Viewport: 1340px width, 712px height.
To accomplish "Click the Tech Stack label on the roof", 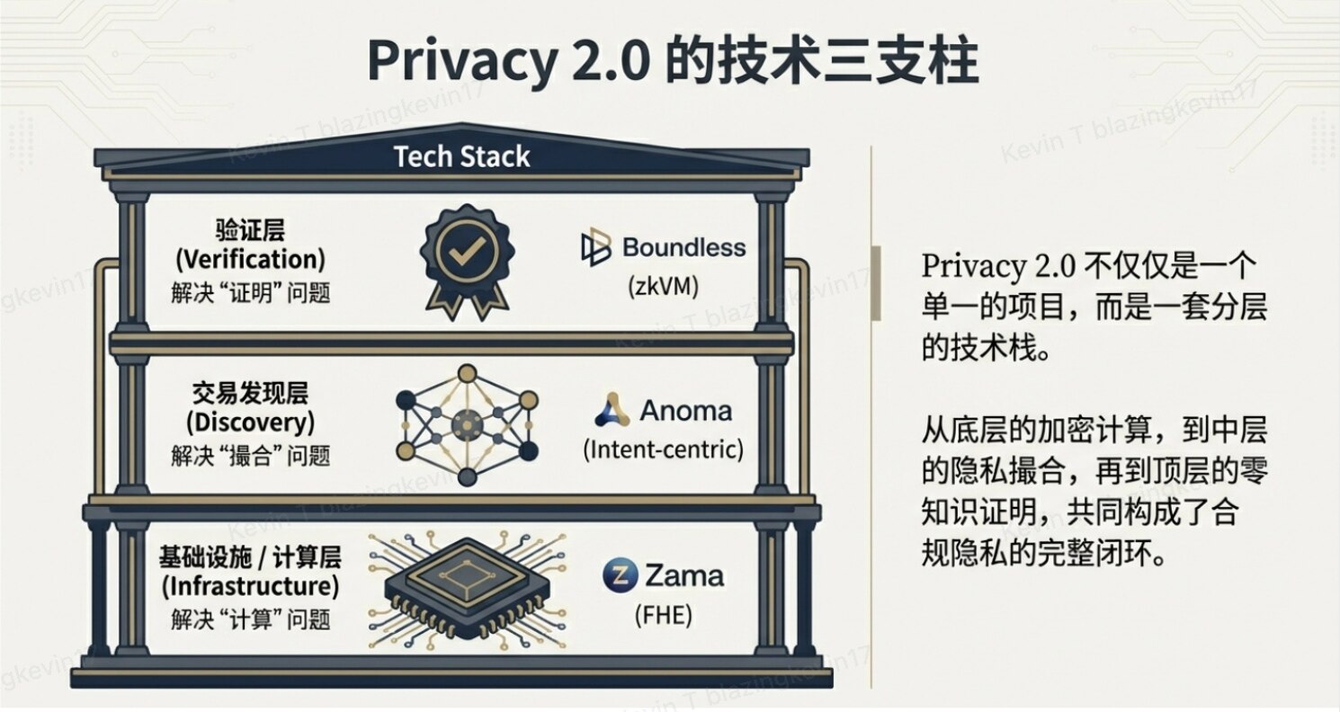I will pos(462,156).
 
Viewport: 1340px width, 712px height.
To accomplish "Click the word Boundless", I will pos(684,247).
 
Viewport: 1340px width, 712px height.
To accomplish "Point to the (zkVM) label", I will pos(663,287).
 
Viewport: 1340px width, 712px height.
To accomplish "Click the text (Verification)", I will pos(249,260).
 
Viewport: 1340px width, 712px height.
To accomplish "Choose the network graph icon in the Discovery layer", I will pos(466,423).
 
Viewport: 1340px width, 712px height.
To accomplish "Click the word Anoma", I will pos(686,412).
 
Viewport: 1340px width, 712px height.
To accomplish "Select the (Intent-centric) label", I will pos(663,449).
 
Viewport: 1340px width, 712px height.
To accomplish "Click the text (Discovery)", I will pos(249,423).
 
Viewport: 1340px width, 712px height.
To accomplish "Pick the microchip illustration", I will pos(465,589).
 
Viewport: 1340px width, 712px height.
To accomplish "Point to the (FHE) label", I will pos(663,616).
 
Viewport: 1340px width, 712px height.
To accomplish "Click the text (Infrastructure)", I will pos(249,587).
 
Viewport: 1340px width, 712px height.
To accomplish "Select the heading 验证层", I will pos(249,230).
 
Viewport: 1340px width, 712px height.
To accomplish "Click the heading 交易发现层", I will pos(249,394).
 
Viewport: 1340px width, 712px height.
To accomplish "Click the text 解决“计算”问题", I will pos(249,619).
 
